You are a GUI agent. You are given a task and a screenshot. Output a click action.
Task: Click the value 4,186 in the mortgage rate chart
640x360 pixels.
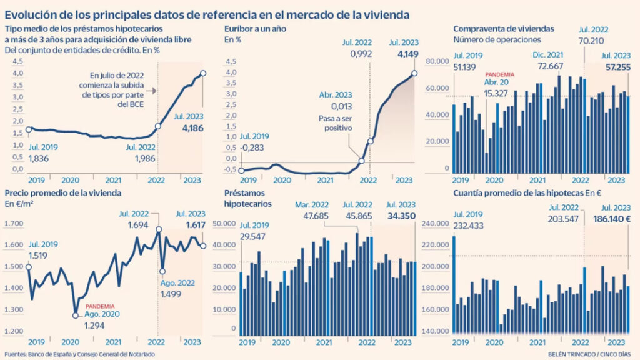coord(193,127)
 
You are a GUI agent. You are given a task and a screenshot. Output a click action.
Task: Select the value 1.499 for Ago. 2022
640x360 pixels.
coord(175,295)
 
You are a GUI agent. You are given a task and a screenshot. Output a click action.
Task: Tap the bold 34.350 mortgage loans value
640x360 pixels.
coord(400,216)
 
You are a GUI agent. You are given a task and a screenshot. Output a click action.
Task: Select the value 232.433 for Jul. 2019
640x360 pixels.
coord(471,226)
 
